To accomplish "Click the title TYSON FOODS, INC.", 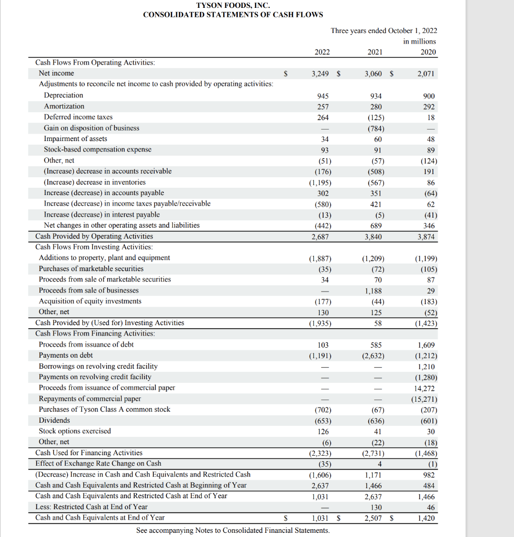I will click(x=233, y=5).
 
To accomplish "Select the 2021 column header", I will click(x=375, y=51).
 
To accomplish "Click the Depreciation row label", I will click(x=63, y=95).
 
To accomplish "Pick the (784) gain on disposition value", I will click(x=376, y=128).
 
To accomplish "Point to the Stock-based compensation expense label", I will click(x=97, y=149).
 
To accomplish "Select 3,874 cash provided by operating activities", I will click(x=425, y=237).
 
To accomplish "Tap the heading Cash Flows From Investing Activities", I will click(x=94, y=247).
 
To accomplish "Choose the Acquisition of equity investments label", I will click(x=90, y=301).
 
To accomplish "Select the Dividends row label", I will click(x=54, y=421).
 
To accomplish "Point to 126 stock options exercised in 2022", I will click(x=323, y=432).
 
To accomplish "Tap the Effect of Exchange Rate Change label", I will click(x=98, y=464).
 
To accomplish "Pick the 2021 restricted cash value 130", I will click(x=376, y=508).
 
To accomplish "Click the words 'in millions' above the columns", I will click(x=419, y=41).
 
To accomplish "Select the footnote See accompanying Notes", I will click(x=233, y=530).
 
